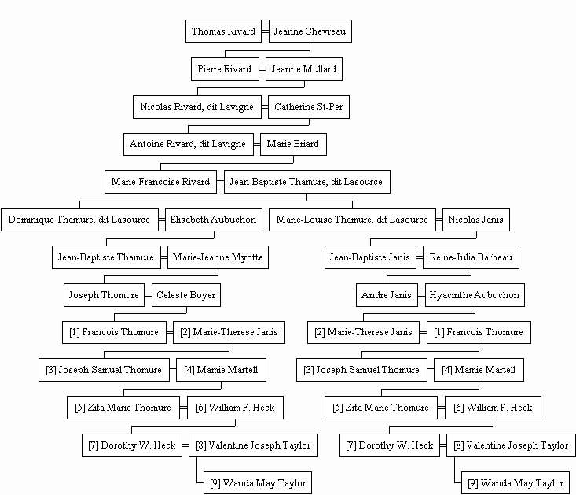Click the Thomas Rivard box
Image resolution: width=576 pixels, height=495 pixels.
pos(223,31)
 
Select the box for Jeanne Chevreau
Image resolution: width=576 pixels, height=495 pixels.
pos(310,31)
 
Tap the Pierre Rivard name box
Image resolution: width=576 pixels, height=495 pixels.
pos(225,69)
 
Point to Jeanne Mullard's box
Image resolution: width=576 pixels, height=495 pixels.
pos(304,69)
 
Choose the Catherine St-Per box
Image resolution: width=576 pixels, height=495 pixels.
pos(309,107)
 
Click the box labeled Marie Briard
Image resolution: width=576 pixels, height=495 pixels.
pos(293,144)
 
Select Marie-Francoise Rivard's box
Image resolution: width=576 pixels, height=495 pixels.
pos(160,182)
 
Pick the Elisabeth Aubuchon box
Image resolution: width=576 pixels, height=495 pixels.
pos(214,220)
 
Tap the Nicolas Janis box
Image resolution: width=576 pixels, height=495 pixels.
pos(476,220)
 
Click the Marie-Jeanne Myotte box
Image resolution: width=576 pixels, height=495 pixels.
pos(218,257)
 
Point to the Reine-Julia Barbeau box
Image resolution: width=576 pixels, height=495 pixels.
pos(471,257)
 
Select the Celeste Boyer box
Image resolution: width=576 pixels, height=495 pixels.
pos(186,295)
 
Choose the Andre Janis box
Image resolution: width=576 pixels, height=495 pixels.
pos(387,295)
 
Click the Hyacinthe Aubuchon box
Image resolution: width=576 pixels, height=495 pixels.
pos(475,295)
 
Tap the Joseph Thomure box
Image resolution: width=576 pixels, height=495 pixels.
pos(104,295)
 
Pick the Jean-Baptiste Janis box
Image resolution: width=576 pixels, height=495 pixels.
pos(370,257)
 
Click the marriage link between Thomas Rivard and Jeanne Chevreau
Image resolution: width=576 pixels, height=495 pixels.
pos(266,31)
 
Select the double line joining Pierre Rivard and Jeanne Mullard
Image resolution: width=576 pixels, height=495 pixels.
pos(262,69)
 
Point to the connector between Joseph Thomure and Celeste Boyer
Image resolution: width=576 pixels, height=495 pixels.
pos(148,295)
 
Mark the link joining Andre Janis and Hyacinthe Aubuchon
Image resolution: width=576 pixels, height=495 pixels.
pos(421,295)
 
